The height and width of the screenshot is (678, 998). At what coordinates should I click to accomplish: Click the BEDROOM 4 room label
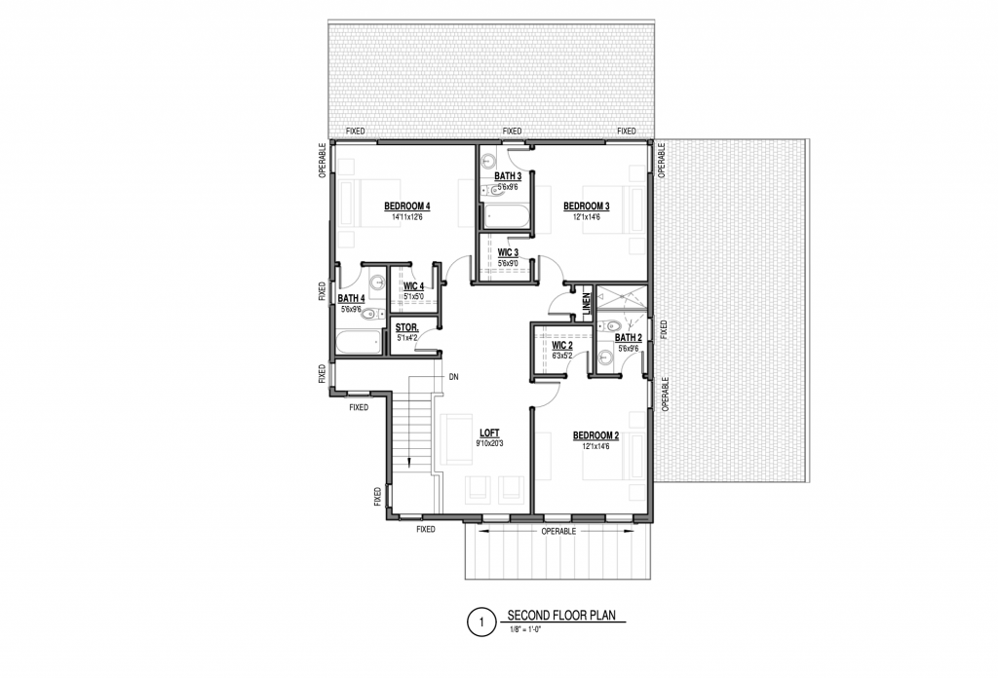click(407, 207)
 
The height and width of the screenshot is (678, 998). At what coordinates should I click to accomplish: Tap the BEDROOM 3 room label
click(586, 207)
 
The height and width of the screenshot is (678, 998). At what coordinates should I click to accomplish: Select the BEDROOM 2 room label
click(595, 435)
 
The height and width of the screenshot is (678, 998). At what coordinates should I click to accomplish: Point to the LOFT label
click(489, 433)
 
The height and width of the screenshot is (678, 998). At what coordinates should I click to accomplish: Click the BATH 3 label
click(508, 176)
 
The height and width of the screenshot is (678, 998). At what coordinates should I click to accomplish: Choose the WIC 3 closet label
click(508, 252)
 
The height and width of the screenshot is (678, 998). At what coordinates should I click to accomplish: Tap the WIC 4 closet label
click(413, 286)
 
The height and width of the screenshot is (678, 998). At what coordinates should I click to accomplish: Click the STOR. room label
click(407, 327)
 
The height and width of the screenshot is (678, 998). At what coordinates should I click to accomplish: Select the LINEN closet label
click(587, 301)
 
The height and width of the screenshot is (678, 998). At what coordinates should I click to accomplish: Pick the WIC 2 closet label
click(562, 346)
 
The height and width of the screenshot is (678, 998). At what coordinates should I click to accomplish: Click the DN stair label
click(454, 377)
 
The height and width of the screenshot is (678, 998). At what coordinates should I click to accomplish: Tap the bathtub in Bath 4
click(359, 342)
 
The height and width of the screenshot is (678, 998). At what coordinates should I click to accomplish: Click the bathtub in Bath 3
click(506, 215)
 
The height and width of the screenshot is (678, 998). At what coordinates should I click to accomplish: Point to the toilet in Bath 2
click(606, 325)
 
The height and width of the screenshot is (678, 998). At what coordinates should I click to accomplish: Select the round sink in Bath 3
click(489, 160)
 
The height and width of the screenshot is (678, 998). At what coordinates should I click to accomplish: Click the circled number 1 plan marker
click(481, 622)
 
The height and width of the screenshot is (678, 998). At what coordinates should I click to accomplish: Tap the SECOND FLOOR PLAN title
click(561, 615)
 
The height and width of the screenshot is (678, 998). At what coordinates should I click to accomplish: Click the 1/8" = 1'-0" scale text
click(524, 629)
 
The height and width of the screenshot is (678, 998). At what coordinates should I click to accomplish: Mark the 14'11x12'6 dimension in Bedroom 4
click(407, 217)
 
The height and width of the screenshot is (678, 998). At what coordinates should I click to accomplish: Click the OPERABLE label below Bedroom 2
click(558, 531)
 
